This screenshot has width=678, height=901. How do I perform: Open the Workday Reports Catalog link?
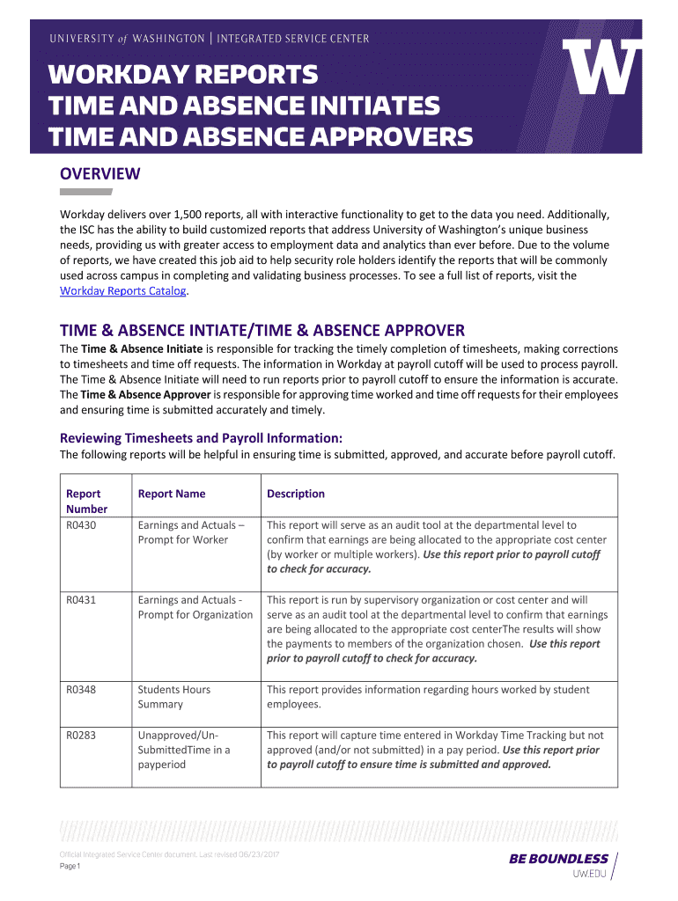pos(122,290)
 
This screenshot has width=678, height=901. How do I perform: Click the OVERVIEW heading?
pos(99,173)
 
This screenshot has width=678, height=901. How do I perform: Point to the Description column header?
pos(296,494)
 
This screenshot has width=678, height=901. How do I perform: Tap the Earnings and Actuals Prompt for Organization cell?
pos(195,607)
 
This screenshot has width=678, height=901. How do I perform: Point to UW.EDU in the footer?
pos(590,874)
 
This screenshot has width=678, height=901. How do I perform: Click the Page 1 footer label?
pos(70,867)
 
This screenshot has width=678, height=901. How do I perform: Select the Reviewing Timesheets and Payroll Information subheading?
pos(201,438)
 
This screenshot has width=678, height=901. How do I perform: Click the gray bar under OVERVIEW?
pos(85,191)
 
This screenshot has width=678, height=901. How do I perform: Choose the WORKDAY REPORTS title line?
pos(183,76)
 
